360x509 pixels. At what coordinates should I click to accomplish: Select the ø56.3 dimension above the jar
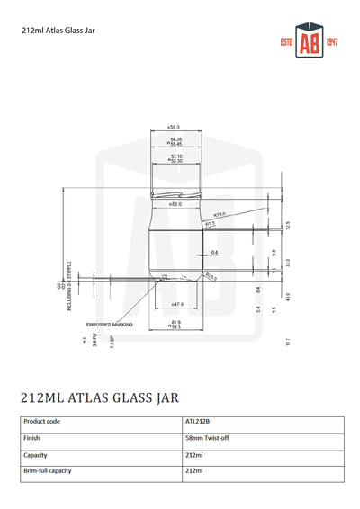tap(174, 127)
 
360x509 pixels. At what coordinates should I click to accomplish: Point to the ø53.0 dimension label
tap(175, 205)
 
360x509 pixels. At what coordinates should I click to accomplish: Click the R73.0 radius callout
tap(220, 215)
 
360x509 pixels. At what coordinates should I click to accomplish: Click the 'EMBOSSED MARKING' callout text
tap(109, 324)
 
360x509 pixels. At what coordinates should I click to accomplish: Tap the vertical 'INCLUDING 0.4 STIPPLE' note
tap(69, 288)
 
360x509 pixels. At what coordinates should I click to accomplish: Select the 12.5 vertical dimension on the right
tap(287, 224)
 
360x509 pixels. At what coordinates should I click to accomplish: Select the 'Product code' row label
tap(41, 421)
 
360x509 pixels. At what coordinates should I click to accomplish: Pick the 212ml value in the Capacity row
tap(193, 455)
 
